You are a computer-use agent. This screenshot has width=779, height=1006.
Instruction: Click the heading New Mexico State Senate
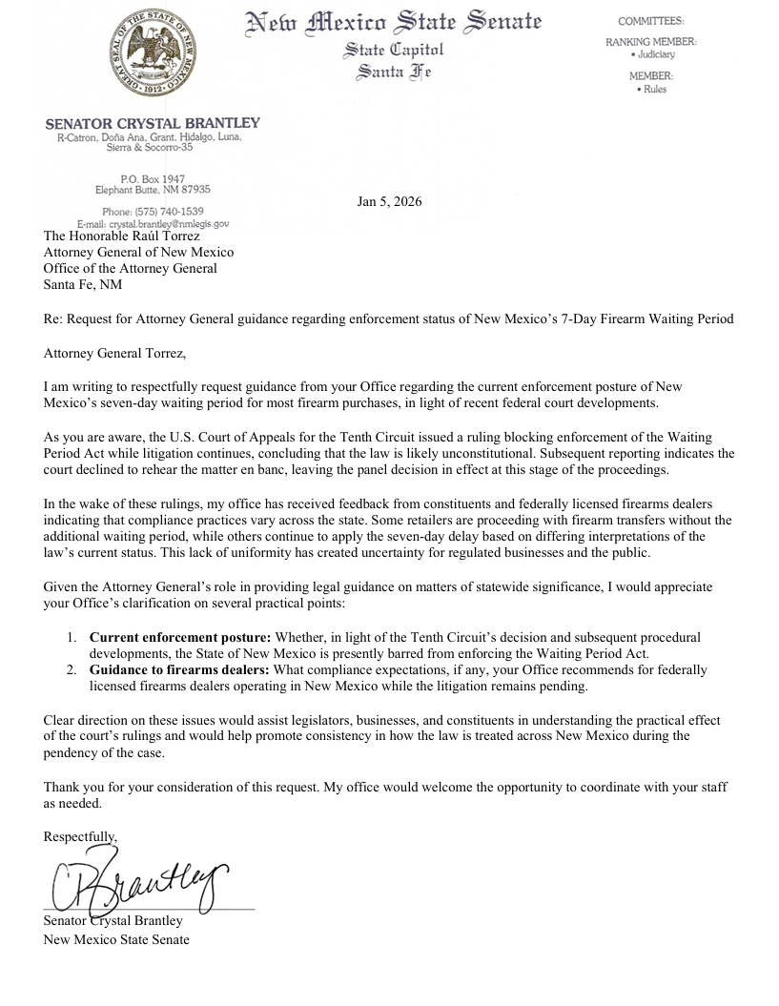[394, 22]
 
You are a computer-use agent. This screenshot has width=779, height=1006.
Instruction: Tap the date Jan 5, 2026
[389, 201]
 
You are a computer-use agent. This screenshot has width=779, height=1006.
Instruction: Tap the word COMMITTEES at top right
[650, 20]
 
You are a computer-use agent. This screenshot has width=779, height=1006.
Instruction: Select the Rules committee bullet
[652, 90]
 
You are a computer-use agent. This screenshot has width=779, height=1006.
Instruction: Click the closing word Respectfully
[80, 836]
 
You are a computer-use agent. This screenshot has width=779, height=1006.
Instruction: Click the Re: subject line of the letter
[389, 318]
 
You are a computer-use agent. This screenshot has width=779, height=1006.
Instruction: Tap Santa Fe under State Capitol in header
[393, 72]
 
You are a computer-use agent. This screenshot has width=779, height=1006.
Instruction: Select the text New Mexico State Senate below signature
[116, 939]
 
